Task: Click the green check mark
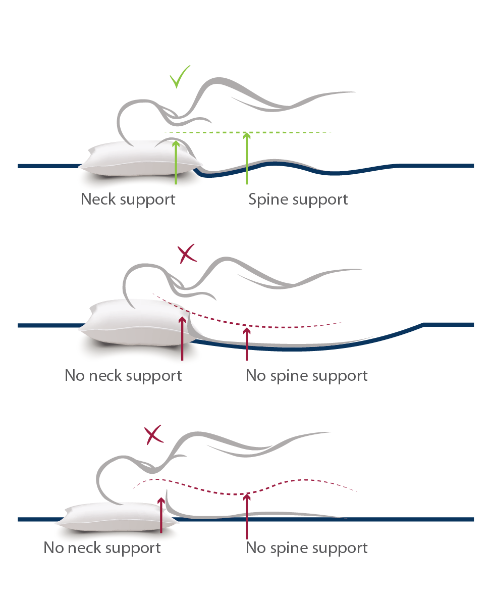[179, 77]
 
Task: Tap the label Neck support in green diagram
[128, 199]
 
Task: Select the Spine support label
[298, 199]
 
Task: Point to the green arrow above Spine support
[247, 159]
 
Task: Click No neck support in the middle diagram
[123, 376]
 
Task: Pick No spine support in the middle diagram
[306, 376]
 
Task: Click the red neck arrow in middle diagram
[182, 338]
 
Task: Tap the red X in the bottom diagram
[153, 435]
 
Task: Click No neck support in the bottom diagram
[102, 548]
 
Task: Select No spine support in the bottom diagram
[306, 548]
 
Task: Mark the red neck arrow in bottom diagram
[161, 515]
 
